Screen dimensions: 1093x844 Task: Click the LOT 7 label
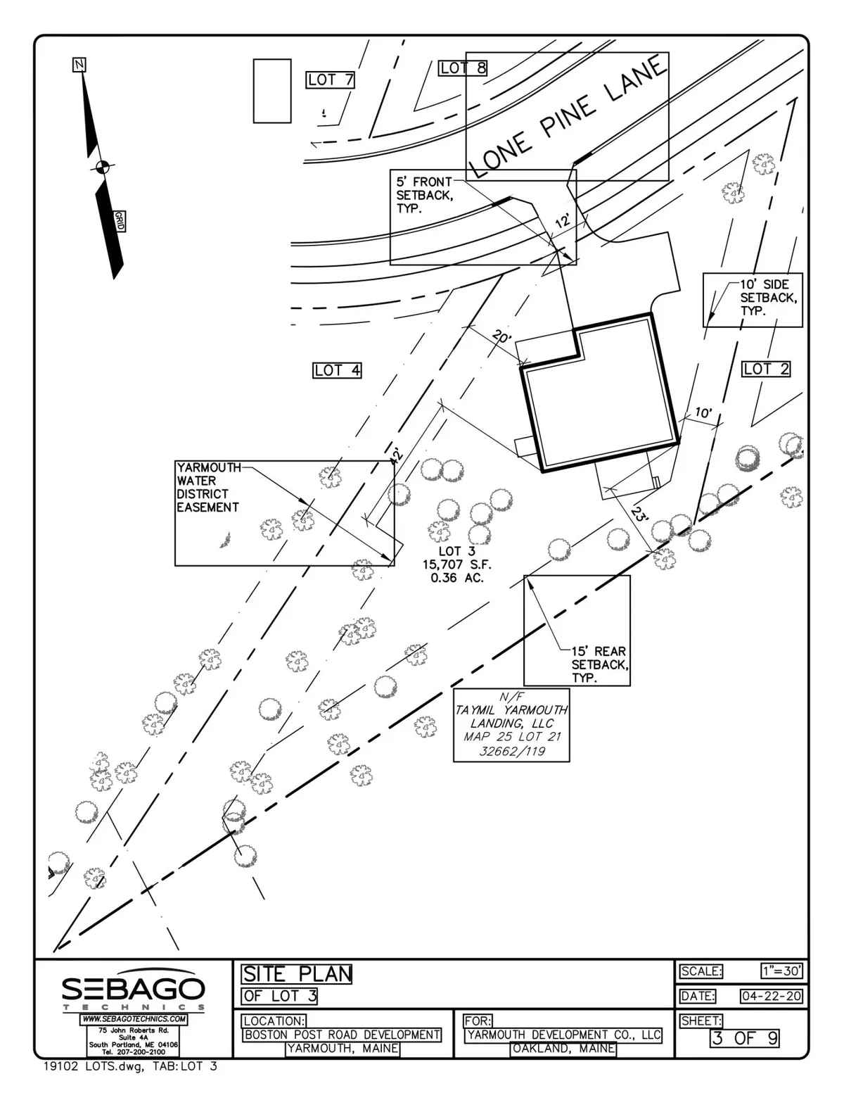[x=331, y=80]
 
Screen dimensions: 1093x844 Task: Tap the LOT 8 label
[x=463, y=68]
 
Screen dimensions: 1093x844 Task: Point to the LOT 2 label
[x=766, y=368]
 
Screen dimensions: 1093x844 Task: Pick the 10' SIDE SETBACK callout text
[x=768, y=297]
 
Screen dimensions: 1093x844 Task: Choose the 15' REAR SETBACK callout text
[x=599, y=665]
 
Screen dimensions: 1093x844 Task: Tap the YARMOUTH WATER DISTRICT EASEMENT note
[x=207, y=487]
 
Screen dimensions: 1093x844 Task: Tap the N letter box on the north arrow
[x=79, y=65]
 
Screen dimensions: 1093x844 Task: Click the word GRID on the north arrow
[x=120, y=221]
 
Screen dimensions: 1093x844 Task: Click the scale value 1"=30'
[x=781, y=971]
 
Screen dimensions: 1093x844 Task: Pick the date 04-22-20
[x=771, y=996]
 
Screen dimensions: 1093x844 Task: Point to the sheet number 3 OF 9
[x=745, y=1037]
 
